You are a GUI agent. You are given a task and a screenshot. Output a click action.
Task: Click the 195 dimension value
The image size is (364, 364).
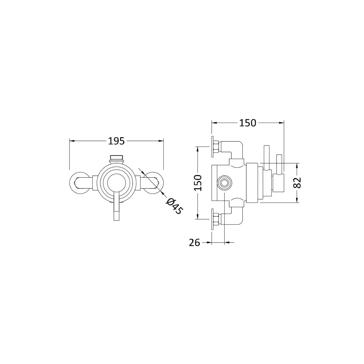[116, 141]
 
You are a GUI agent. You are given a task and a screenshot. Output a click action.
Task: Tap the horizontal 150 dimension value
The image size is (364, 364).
[248, 123]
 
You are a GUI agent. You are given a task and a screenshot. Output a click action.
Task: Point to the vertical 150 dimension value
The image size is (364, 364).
[198, 183]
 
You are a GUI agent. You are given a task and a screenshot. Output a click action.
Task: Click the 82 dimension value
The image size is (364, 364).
[297, 182]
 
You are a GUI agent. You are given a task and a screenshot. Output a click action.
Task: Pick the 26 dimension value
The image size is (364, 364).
[194, 243]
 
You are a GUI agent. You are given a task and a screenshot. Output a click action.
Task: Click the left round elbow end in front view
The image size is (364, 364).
[79, 182]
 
